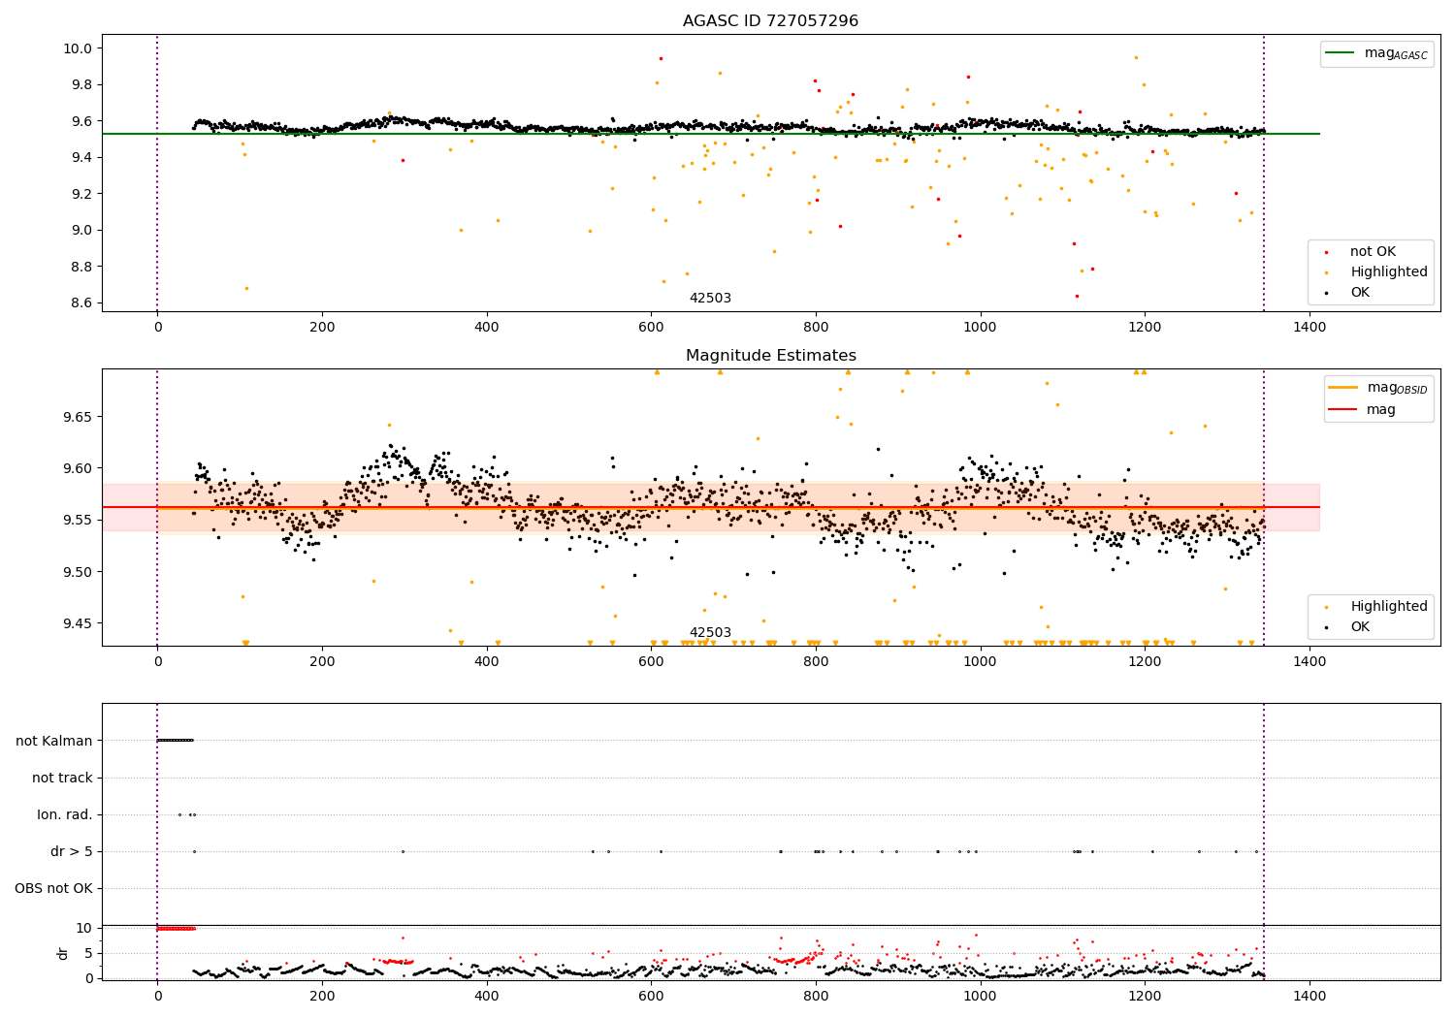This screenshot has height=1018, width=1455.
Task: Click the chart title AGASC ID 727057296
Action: click(x=770, y=21)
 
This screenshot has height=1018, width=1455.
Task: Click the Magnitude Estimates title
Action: click(x=770, y=356)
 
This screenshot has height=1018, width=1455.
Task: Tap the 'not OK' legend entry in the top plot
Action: click(x=1372, y=252)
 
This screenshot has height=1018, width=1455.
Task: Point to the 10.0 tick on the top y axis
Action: click(x=78, y=48)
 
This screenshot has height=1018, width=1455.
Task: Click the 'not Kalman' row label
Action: click(x=54, y=741)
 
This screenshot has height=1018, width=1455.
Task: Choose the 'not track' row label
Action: click(x=62, y=778)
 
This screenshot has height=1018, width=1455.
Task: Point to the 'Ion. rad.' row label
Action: click(x=65, y=814)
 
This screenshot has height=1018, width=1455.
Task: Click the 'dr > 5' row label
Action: click(x=72, y=851)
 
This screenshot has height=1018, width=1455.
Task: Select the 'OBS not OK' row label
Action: click(x=53, y=888)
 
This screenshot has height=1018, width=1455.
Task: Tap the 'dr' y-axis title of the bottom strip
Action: click(x=63, y=953)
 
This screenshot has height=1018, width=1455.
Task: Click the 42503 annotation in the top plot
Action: click(x=710, y=299)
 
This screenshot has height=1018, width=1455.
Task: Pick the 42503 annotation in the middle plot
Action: click(x=710, y=633)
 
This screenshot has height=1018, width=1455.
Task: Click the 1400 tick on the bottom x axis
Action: click(x=1309, y=995)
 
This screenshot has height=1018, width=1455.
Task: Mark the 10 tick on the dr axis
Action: click(x=84, y=928)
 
